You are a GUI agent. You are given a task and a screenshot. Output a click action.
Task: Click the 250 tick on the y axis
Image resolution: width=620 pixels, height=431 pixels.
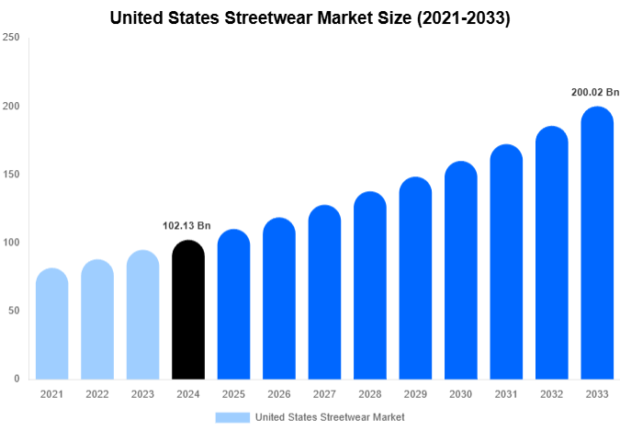11,38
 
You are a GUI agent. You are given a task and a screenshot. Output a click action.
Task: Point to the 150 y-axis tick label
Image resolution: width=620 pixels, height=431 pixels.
11,175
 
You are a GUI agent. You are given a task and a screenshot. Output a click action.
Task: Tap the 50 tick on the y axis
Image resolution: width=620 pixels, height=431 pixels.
14,311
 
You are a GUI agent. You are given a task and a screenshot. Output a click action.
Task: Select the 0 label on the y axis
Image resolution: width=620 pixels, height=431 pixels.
17,379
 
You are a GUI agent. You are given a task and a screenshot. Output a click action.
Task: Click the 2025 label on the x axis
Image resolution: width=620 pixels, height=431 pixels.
233,394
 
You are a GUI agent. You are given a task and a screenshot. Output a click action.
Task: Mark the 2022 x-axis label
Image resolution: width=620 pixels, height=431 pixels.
97,394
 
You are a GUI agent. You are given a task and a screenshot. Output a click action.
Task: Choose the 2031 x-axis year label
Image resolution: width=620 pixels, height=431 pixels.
506,394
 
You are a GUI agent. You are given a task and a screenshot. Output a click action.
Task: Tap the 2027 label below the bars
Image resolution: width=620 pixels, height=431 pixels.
324,394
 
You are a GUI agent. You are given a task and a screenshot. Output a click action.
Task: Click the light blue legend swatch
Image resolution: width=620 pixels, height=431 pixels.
232,417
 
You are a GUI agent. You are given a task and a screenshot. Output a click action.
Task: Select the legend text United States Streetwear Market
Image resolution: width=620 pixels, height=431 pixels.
330,417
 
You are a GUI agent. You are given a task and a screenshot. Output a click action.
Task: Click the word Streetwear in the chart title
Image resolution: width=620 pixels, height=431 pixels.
282,17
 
